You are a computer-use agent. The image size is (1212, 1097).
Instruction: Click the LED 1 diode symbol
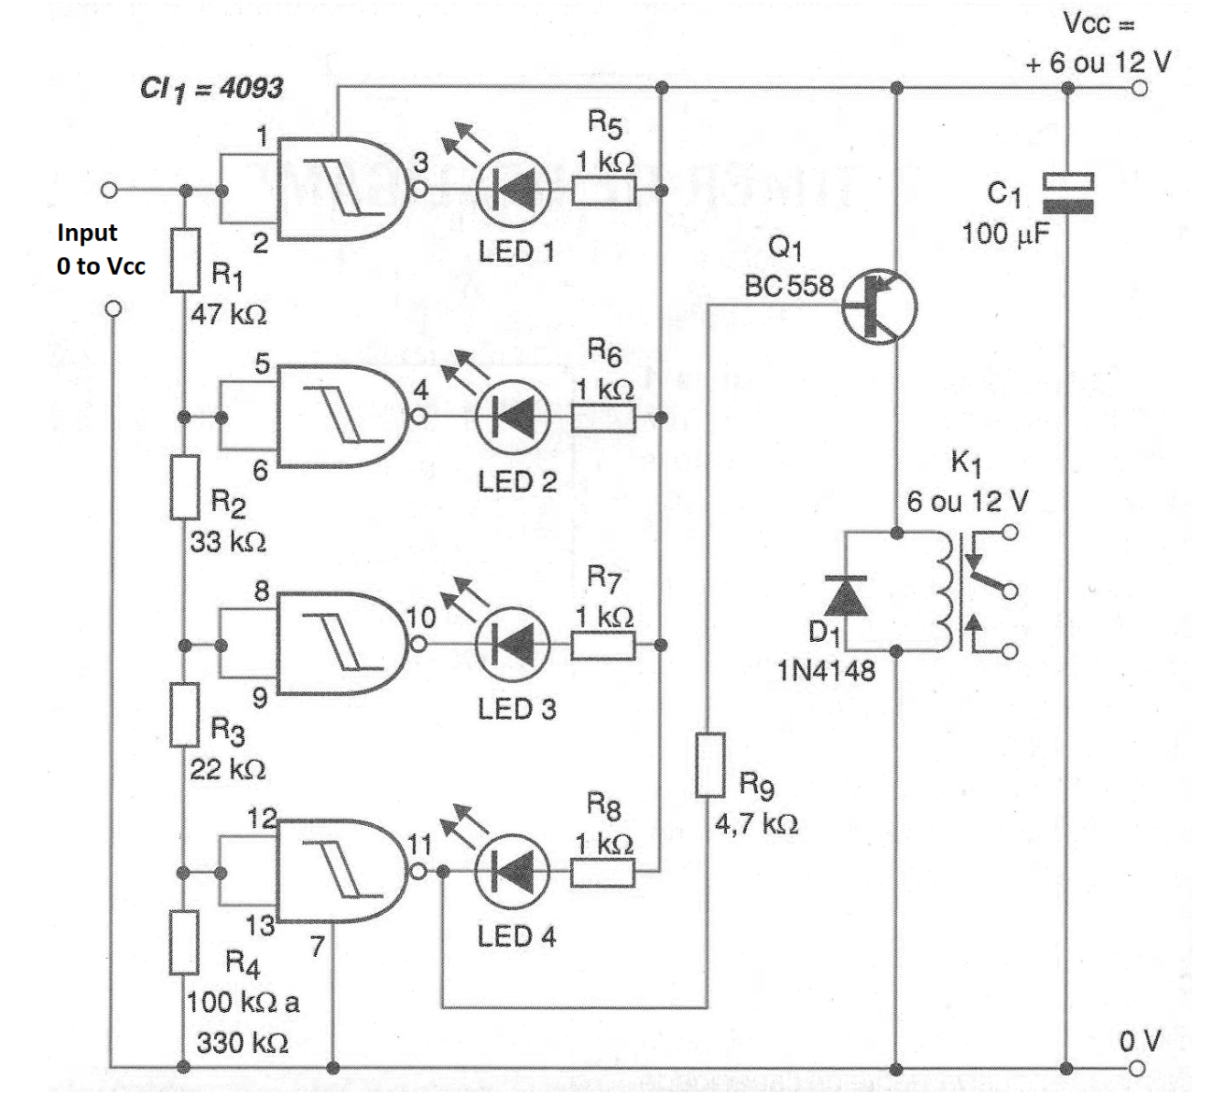click(x=513, y=191)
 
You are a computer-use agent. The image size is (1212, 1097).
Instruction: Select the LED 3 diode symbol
click(x=513, y=645)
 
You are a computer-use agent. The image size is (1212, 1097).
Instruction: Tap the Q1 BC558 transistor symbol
click(x=879, y=307)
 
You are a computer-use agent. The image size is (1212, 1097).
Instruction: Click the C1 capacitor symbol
click(x=1067, y=193)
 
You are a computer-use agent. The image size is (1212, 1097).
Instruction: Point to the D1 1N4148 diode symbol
click(x=846, y=596)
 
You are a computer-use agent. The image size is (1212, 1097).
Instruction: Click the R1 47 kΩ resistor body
click(x=185, y=261)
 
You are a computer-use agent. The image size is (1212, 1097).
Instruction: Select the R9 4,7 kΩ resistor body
click(x=710, y=764)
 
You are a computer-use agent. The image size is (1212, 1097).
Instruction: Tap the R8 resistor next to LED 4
click(x=603, y=873)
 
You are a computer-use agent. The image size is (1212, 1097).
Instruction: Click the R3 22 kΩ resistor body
click(x=184, y=715)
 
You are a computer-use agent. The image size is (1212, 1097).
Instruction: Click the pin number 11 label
click(x=421, y=845)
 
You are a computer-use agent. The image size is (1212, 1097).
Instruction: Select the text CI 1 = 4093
click(x=211, y=90)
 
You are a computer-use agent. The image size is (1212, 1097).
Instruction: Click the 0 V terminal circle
click(x=1137, y=1068)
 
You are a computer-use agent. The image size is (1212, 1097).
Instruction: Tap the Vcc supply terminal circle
click(x=1139, y=88)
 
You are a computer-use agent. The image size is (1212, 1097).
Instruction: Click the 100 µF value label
click(x=1005, y=234)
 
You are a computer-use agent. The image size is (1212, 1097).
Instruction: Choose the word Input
click(x=87, y=234)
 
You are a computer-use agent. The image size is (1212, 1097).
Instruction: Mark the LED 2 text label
click(x=517, y=482)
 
